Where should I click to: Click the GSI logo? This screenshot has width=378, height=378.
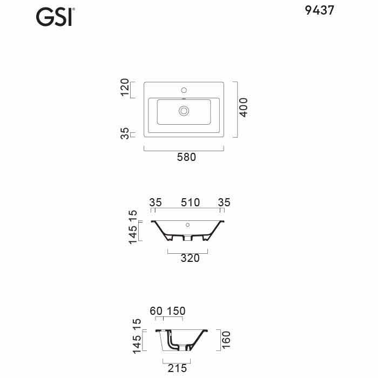[x=55, y=17]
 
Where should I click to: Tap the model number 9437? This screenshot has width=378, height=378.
[x=320, y=10]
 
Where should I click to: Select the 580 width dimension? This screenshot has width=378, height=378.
[x=186, y=157]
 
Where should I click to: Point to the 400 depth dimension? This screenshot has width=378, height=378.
[x=244, y=107]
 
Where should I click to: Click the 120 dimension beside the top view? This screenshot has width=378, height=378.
[x=125, y=87]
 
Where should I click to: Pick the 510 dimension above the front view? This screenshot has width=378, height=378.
[x=191, y=202]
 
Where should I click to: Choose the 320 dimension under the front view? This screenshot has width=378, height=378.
[x=190, y=258]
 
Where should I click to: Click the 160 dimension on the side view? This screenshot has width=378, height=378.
[x=226, y=340]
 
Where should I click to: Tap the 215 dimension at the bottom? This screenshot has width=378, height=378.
[x=177, y=368]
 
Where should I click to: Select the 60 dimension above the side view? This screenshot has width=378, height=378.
[x=156, y=311]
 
